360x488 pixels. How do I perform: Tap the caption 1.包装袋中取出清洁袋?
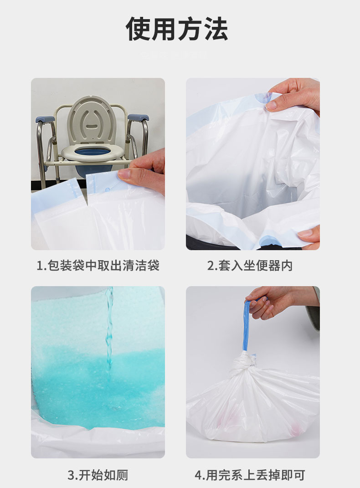[x=98, y=266]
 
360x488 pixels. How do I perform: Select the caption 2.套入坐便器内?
[x=250, y=266]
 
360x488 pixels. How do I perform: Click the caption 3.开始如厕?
[x=98, y=475]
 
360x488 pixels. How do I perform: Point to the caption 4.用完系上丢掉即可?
[x=250, y=475]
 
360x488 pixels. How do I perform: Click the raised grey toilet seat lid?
[x=92, y=120]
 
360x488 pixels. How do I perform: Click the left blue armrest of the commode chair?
[x=46, y=119]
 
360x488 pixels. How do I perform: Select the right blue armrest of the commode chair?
[x=138, y=118]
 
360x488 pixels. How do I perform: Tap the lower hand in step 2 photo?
[x=310, y=237]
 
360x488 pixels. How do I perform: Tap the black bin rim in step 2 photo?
[x=201, y=244]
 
